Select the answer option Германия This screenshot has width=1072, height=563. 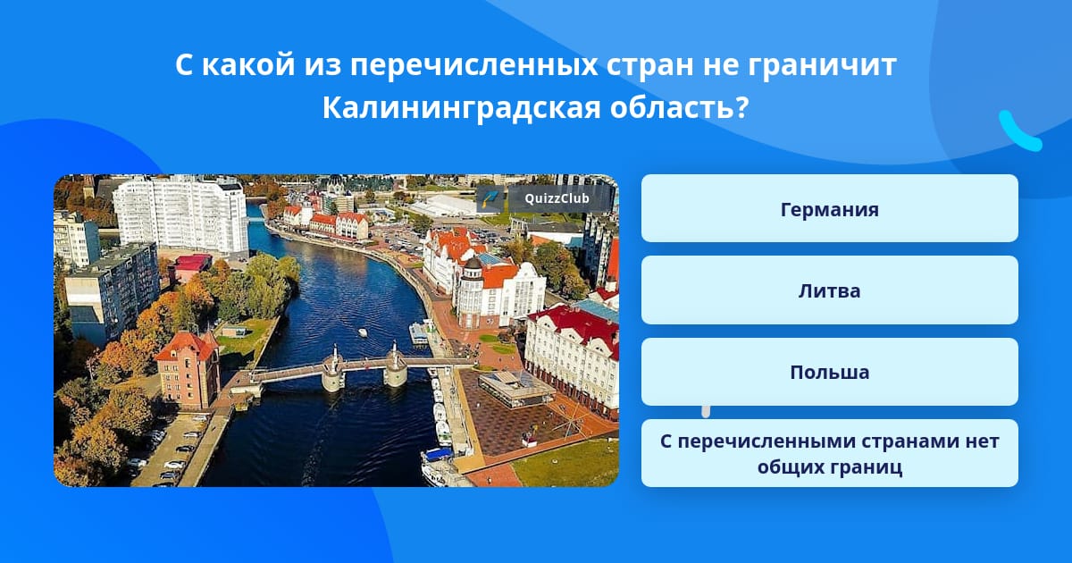(829, 209)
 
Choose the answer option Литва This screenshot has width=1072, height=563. (829, 290)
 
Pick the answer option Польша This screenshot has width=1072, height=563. (829, 372)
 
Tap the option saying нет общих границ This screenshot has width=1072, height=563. (829, 453)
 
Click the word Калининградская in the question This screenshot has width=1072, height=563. (461, 108)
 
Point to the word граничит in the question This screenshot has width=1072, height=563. (822, 65)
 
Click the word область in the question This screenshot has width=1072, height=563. (679, 108)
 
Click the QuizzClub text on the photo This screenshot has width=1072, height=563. (557, 198)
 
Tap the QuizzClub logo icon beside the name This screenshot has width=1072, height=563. (490, 198)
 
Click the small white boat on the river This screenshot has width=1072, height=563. (363, 332)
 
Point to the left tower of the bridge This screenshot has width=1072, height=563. (333, 368)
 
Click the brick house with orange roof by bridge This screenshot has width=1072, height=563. (188, 370)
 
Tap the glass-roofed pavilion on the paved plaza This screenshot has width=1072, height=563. (516, 389)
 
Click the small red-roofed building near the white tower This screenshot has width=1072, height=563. (193, 267)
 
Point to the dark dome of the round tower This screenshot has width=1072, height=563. (473, 264)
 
